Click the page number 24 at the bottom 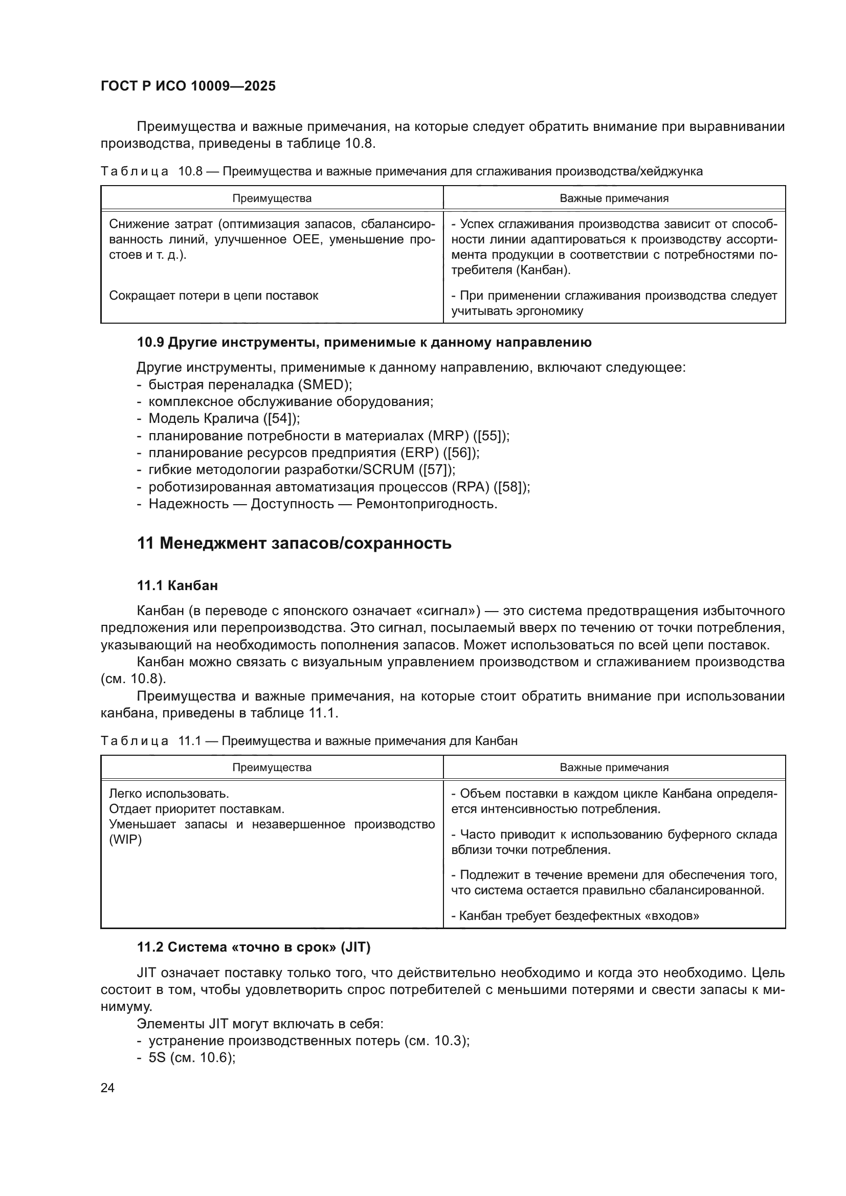tap(107, 1088)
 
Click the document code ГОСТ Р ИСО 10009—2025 tap(188, 86)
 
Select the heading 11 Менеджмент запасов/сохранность tap(294, 544)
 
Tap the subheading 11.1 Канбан tap(177, 585)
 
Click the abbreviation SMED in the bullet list tap(323, 385)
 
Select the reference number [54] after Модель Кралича tap(281, 418)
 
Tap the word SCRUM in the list tap(388, 470)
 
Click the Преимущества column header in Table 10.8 tap(272, 198)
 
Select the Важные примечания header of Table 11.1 tap(614, 768)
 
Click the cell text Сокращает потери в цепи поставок tap(214, 296)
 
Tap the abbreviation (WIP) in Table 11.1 tap(125, 840)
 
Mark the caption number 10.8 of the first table tap(190, 171)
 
